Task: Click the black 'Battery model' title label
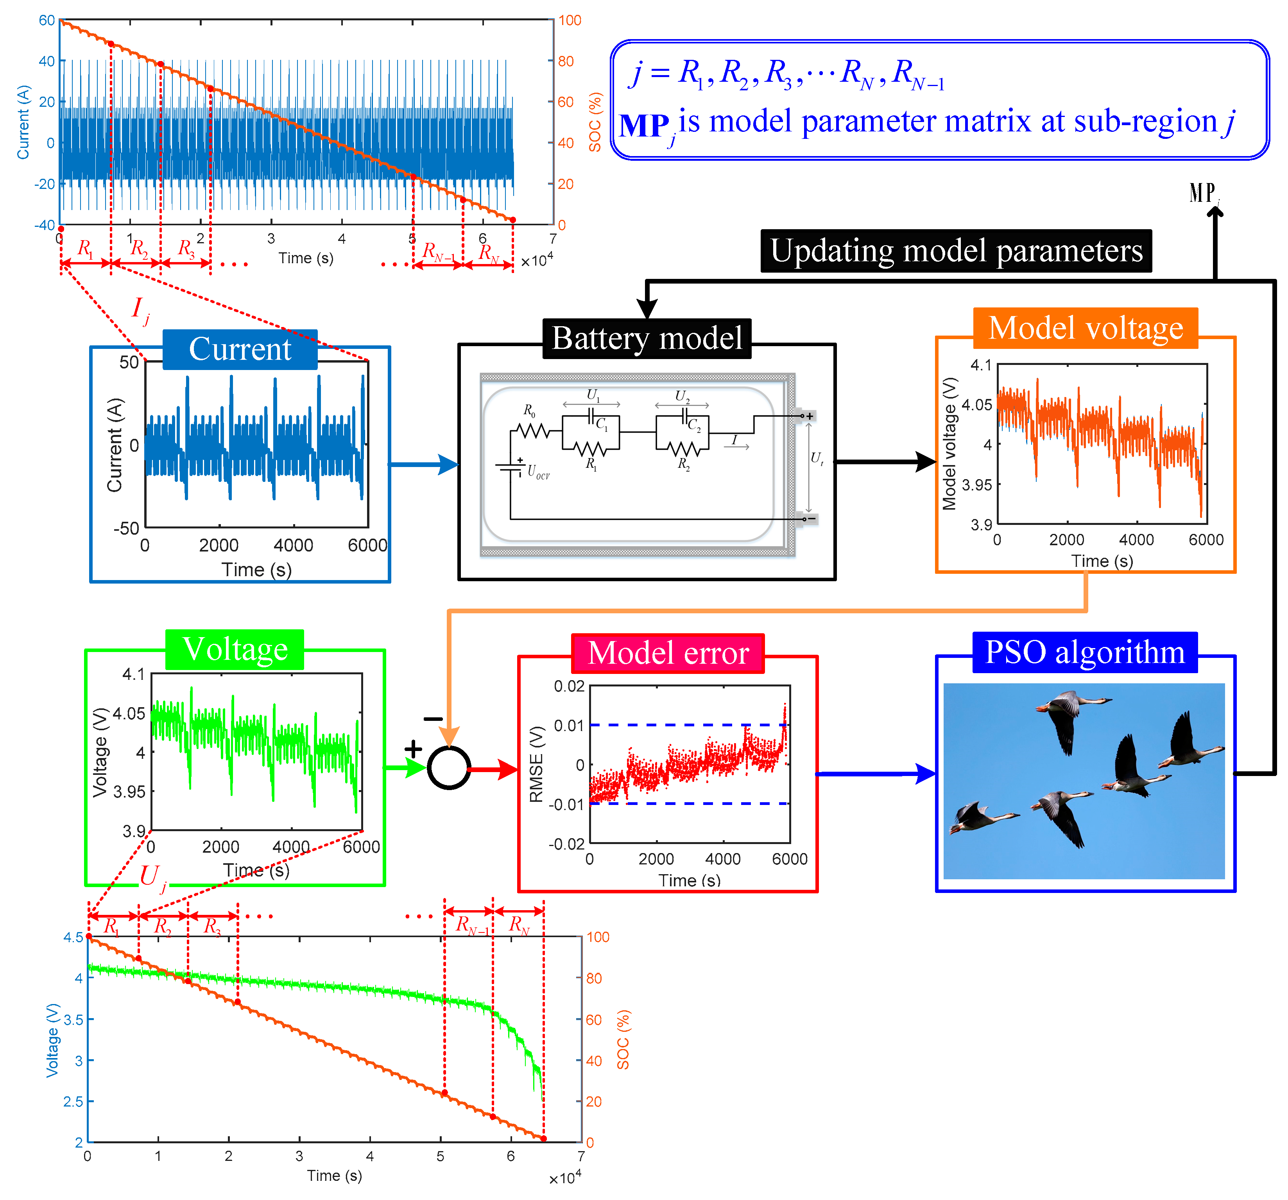[x=647, y=338]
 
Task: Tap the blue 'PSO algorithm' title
[x=1085, y=652]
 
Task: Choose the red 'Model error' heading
[x=668, y=653]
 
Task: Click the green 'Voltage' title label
[x=235, y=649]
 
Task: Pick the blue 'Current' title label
[x=240, y=349]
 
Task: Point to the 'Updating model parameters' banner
[x=956, y=251]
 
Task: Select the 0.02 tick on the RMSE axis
[x=569, y=686]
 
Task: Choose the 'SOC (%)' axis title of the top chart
[x=595, y=122]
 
